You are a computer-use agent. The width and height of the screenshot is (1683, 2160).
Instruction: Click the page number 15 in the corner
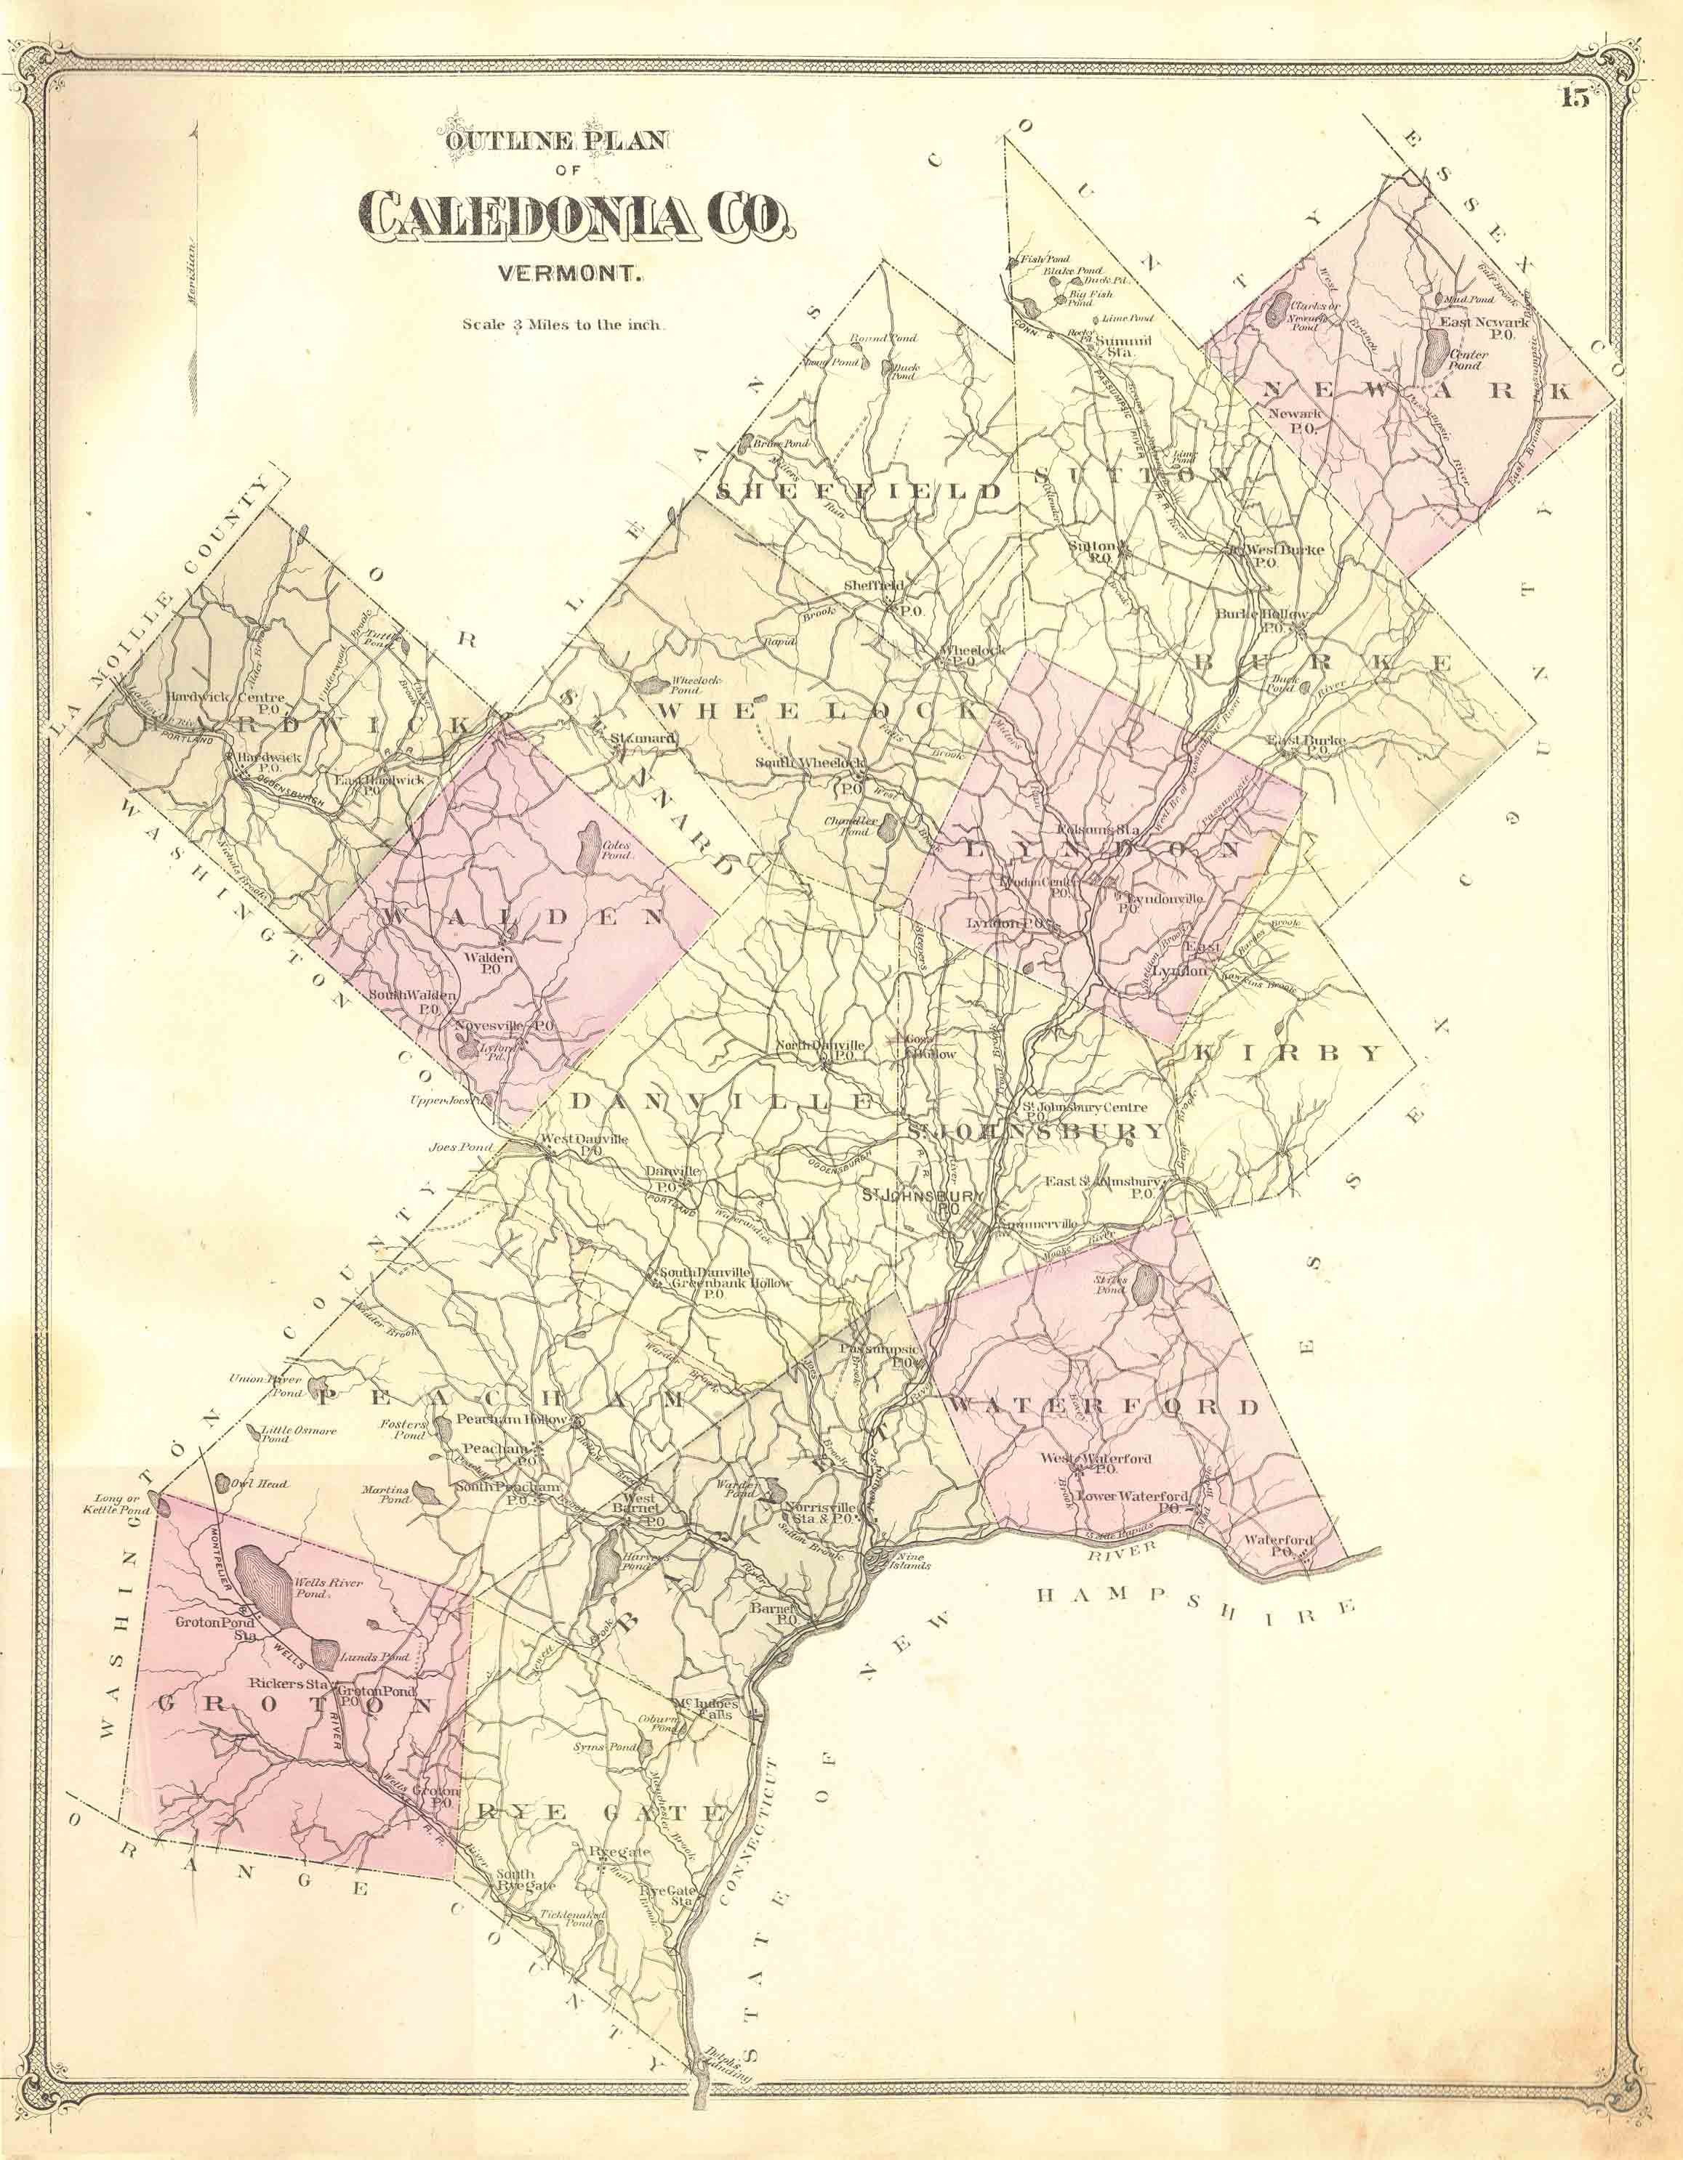coord(1575,98)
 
